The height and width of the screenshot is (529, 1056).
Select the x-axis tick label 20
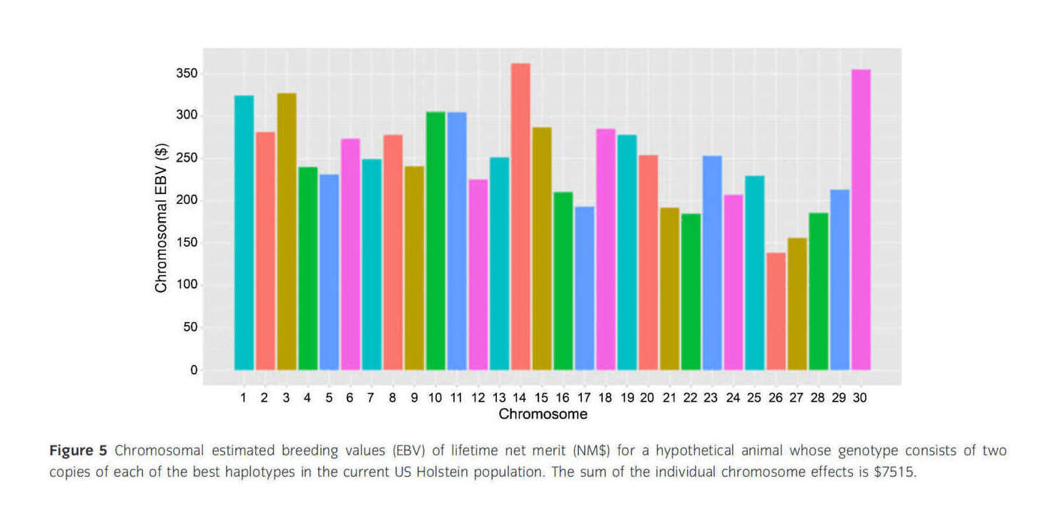click(x=648, y=397)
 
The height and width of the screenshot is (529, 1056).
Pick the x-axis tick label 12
click(x=478, y=397)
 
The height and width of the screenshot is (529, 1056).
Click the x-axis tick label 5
click(x=329, y=397)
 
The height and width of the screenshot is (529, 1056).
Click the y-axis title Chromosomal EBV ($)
click(x=161, y=217)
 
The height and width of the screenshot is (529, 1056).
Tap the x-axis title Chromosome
click(x=543, y=414)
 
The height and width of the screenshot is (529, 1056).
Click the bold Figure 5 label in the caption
click(x=78, y=451)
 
